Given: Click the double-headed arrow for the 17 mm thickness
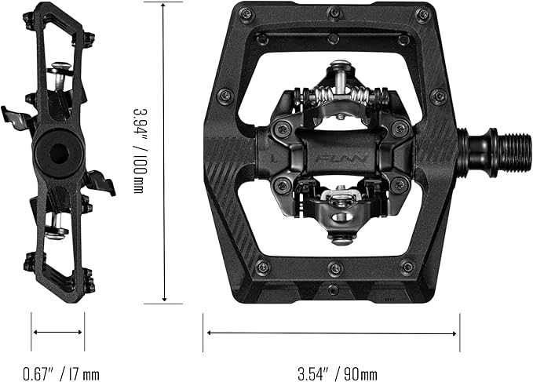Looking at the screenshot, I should pyautogui.click(x=58, y=332).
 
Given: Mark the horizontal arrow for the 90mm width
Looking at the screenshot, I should pyautogui.click(x=332, y=332).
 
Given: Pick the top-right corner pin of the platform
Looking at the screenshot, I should pyautogui.click(x=424, y=13).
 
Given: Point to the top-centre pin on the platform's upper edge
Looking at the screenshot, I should pyautogui.click(x=334, y=13).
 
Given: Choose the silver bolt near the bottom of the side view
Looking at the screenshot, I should pyautogui.click(x=55, y=231).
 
